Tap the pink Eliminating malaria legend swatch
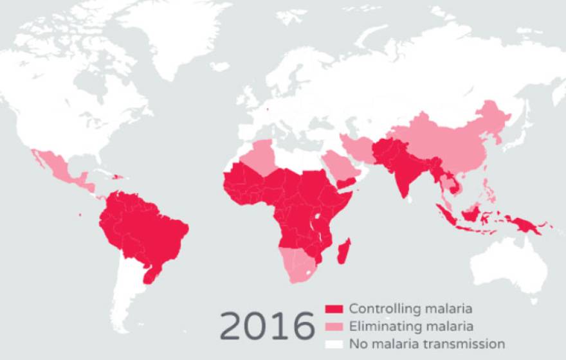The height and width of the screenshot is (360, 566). [334, 326]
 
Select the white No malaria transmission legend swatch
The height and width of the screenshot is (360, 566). [334, 344]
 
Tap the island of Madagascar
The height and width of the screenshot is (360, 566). [345, 251]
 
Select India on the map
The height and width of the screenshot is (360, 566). [400, 170]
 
